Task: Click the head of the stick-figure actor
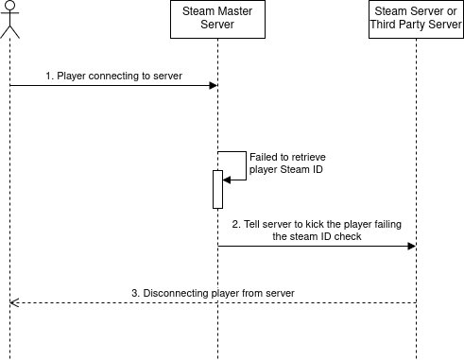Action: coord(10,5)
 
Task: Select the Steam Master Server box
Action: coord(217,19)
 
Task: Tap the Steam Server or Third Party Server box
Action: coord(416,19)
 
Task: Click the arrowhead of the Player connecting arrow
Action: coord(214,85)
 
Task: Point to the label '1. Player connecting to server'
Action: coord(113,76)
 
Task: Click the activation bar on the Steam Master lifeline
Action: coord(217,189)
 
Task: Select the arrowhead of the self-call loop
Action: coord(227,180)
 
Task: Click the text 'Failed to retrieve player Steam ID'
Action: coord(287,163)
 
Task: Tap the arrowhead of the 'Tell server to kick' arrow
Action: coord(412,246)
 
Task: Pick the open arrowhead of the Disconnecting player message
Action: coord(14,302)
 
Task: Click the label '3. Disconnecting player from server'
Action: coord(213,293)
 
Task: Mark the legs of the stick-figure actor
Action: coord(10,32)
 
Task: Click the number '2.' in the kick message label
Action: coord(236,224)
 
